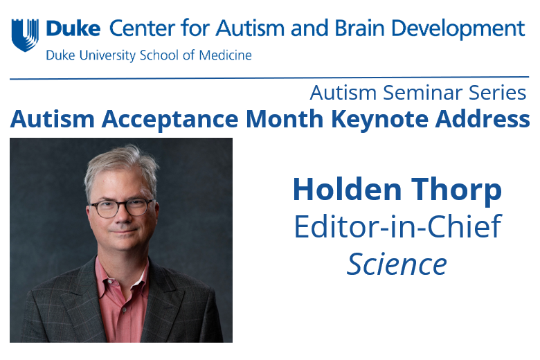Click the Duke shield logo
coord(25,35)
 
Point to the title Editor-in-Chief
coord(397,227)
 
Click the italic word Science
coord(397,264)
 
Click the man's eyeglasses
coord(121,207)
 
